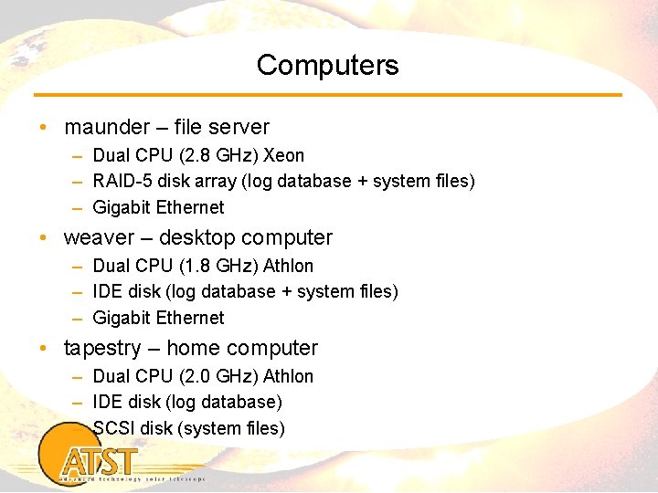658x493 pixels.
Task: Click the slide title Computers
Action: (327, 66)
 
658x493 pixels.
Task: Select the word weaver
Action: (96, 238)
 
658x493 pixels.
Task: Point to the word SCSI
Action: (114, 428)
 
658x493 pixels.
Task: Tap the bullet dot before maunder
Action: (44, 128)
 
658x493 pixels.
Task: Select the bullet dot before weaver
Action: (44, 238)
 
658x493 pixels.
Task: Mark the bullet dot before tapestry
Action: (44, 349)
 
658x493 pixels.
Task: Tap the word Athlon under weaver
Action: (288, 266)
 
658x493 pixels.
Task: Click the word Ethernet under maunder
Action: (190, 207)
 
